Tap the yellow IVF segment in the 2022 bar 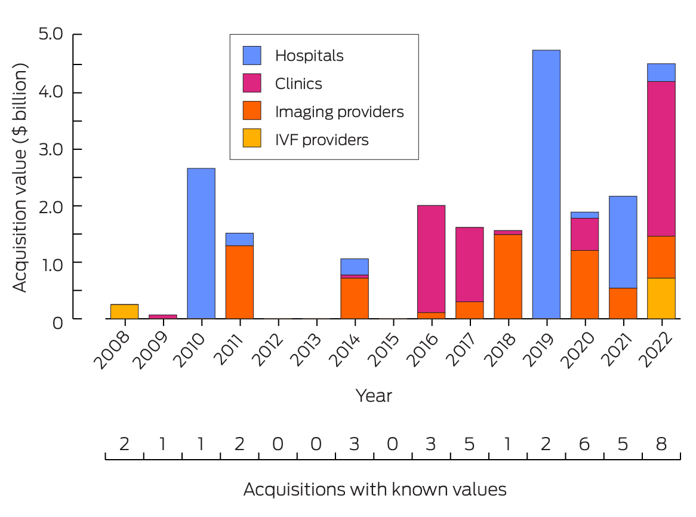tap(661, 298)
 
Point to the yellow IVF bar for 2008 tap(124, 311)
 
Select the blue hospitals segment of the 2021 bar tap(623, 242)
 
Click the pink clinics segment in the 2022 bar tap(661, 158)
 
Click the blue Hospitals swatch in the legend tap(251, 56)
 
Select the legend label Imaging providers tap(339, 112)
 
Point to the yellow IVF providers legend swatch tap(251, 140)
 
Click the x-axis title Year tap(374, 395)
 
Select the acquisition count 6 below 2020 tap(584, 444)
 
